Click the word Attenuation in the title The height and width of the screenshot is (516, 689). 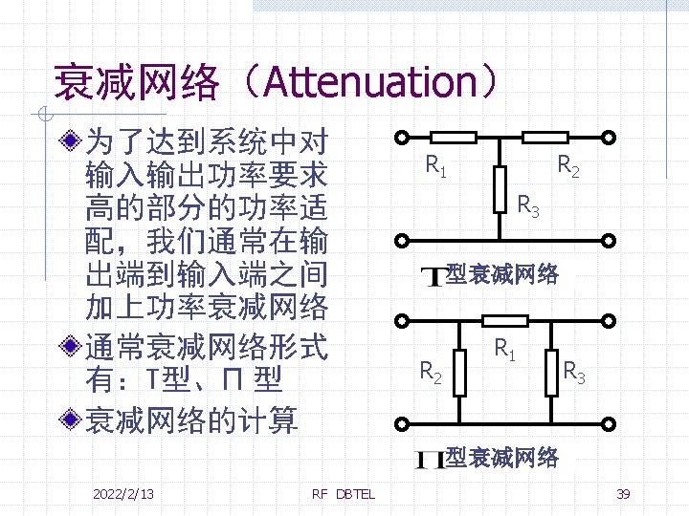pyautogui.click(x=371, y=83)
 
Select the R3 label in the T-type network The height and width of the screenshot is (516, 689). pyautogui.click(x=528, y=204)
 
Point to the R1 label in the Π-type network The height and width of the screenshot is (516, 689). pyautogui.click(x=506, y=349)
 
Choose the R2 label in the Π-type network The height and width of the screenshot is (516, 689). pyautogui.click(x=432, y=371)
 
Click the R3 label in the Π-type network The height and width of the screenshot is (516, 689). pyautogui.click(x=574, y=371)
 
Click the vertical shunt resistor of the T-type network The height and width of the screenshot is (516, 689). pyautogui.click(x=499, y=189)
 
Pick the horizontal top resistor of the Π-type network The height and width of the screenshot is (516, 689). pyautogui.click(x=504, y=320)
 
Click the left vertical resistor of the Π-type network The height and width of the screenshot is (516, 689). pyautogui.click(x=460, y=371)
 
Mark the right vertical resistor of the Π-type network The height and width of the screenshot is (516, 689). pyautogui.click(x=552, y=371)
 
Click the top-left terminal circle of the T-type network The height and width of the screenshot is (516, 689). pyautogui.click(x=403, y=137)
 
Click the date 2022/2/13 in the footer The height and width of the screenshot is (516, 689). pyautogui.click(x=123, y=493)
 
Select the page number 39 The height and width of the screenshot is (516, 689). pyautogui.click(x=623, y=493)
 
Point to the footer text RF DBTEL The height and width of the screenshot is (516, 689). pyautogui.click(x=344, y=493)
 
